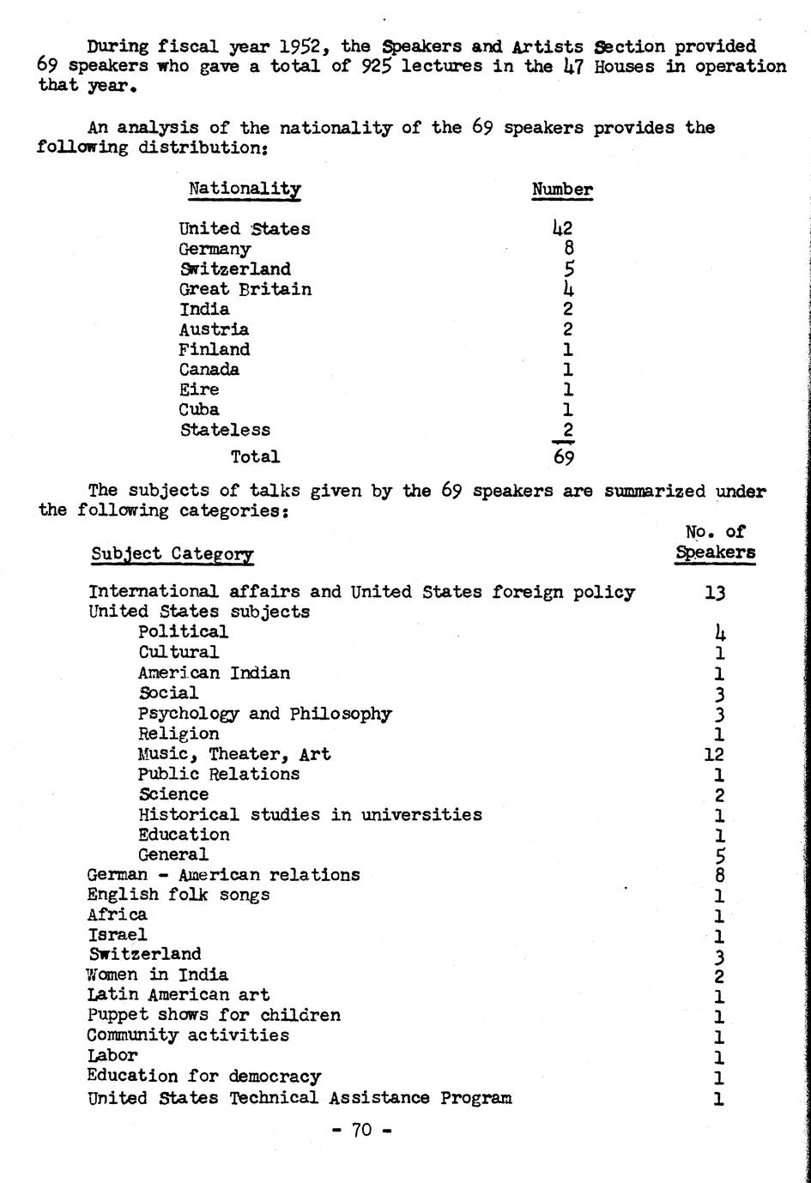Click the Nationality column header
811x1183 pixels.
click(x=245, y=189)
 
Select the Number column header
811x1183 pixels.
click(x=562, y=190)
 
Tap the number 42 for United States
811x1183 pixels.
click(x=562, y=228)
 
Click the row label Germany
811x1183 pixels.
click(x=215, y=250)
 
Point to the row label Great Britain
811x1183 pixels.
click(x=245, y=290)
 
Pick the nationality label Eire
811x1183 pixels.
click(x=198, y=389)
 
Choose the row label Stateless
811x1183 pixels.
click(x=225, y=430)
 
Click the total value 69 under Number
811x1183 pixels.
click(x=563, y=456)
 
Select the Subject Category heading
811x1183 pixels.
click(x=172, y=554)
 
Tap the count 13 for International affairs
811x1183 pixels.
click(x=715, y=592)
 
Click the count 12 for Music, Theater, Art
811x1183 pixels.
click(x=714, y=754)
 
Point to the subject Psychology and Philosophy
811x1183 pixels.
click(x=264, y=714)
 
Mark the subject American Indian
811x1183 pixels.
click(x=214, y=673)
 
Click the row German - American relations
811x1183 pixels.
click(x=223, y=875)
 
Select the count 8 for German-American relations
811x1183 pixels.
click(x=719, y=875)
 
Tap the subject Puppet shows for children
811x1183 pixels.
click(x=214, y=1015)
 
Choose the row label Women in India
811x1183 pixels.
click(x=158, y=975)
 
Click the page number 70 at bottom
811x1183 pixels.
click(x=362, y=1130)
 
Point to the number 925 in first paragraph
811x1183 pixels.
click(x=377, y=66)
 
